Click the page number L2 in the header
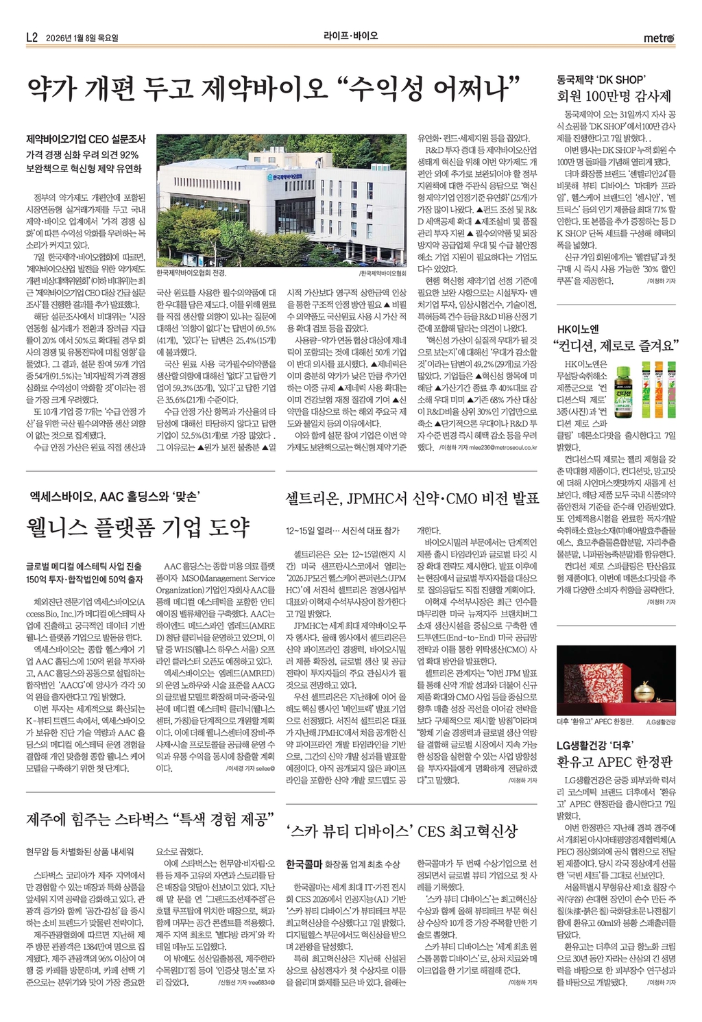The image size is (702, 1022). pyautogui.click(x=32, y=37)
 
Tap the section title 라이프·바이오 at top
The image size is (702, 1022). pyautogui.click(x=350, y=36)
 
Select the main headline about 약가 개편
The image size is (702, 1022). pyautogui.click(x=271, y=90)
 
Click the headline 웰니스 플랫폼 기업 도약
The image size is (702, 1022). pyautogui.click(x=137, y=527)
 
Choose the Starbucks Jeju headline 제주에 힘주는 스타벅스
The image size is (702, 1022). pyautogui.click(x=150, y=819)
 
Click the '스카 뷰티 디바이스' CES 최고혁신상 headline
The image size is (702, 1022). pyautogui.click(x=402, y=831)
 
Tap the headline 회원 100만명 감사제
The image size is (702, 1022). pyautogui.click(x=614, y=95)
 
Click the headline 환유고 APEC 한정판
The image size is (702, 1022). pyautogui.click(x=614, y=761)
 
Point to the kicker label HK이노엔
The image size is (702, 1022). pyautogui.click(x=577, y=328)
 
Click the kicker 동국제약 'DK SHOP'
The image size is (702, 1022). pyautogui.click(x=601, y=79)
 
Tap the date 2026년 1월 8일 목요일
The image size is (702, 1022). pyautogui.click(x=82, y=38)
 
